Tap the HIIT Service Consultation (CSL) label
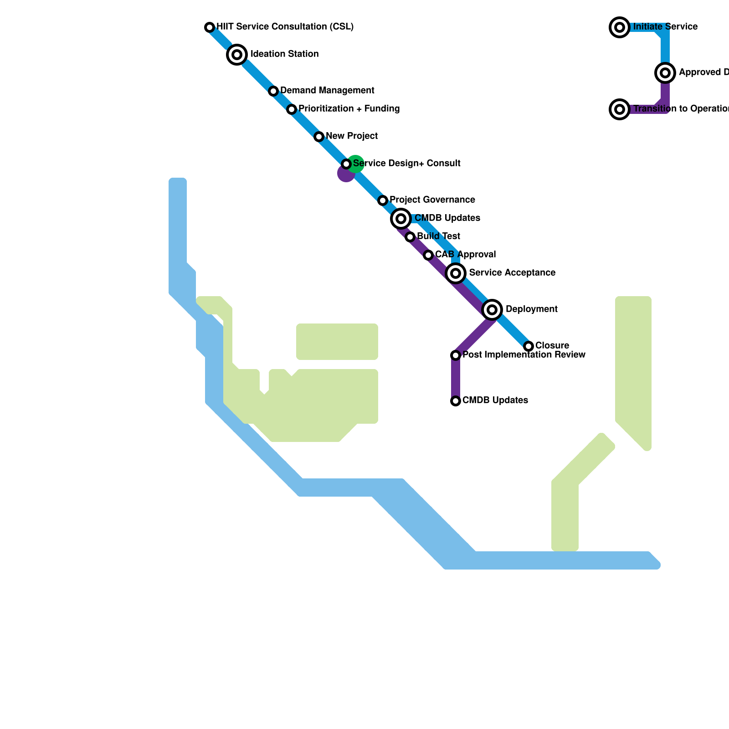coord(285,27)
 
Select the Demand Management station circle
coord(273,91)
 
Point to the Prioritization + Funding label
coord(349,109)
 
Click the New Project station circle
coord(319,137)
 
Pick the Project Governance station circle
coord(383,200)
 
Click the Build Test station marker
coord(410,237)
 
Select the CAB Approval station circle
coord(428,255)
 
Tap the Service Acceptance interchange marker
coord(456,273)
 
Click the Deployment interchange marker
coord(492,310)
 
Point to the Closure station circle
coord(529,346)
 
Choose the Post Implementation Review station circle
coord(456,355)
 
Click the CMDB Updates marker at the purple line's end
coord(456,401)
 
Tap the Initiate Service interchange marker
coord(620,27)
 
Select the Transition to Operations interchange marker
coord(620,109)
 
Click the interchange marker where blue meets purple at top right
coord(665,73)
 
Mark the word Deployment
coord(531,309)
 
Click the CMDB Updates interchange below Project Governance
coord(401,219)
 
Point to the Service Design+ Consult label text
coord(406,164)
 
